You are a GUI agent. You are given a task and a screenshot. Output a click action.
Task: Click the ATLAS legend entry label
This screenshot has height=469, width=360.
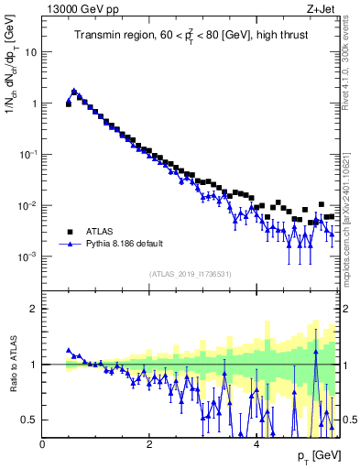pyautogui.click(x=99, y=233)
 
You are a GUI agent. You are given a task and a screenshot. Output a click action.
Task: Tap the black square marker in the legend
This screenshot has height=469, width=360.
pyautogui.click(x=70, y=233)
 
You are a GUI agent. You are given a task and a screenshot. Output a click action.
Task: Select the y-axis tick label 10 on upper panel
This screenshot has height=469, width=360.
pyautogui.click(x=32, y=52)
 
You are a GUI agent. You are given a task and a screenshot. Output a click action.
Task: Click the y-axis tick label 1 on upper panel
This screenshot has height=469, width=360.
pyautogui.click(x=35, y=104)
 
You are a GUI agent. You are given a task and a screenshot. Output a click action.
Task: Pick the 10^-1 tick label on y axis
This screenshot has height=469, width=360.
pyautogui.click(x=29, y=155)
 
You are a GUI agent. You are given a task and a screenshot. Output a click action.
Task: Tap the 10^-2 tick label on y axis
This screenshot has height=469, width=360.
pyautogui.click(x=29, y=206)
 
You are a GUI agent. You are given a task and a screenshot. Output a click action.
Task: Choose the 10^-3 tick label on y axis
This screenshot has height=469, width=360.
pyautogui.click(x=29, y=257)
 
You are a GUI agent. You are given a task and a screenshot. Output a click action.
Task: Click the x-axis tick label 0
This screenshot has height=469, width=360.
pyautogui.click(x=42, y=444)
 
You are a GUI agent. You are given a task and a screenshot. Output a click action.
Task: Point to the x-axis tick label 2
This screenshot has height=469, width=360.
pyautogui.click(x=148, y=444)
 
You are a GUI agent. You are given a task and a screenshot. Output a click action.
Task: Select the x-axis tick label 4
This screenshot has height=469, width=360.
pyautogui.click(x=256, y=444)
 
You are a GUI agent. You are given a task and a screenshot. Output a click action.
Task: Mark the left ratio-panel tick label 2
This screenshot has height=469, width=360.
pyautogui.click(x=35, y=309)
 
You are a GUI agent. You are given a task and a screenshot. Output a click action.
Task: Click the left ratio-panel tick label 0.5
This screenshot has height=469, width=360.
pyautogui.click(x=30, y=420)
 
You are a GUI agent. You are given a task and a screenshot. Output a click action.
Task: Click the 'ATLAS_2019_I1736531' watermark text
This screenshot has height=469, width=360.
pyautogui.click(x=189, y=274)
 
